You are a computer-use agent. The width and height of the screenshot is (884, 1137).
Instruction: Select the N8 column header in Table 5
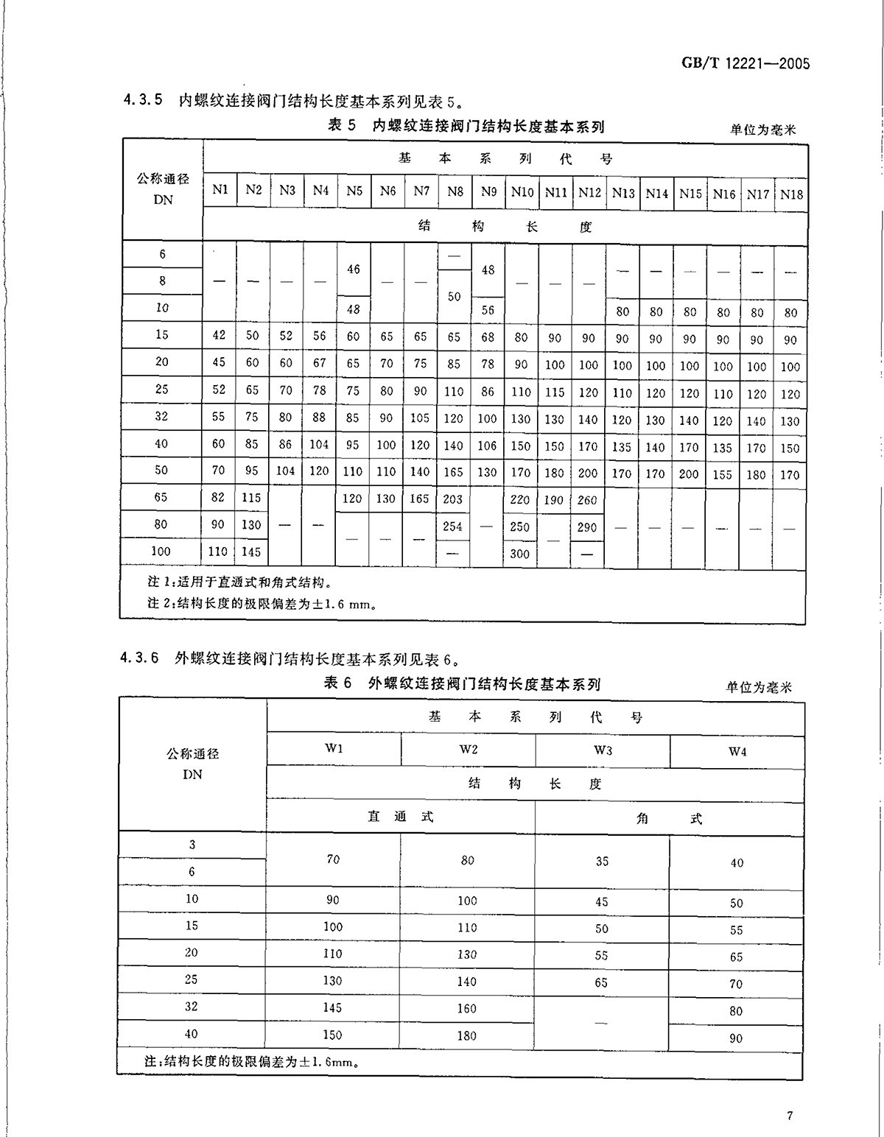point(455,191)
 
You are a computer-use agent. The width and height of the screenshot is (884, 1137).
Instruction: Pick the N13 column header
point(622,193)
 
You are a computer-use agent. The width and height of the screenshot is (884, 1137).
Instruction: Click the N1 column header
point(220,190)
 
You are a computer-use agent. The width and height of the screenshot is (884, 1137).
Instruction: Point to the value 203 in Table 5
point(453,499)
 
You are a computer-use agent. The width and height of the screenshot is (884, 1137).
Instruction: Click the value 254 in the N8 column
point(453,527)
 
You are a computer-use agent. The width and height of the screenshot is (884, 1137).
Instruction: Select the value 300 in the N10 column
point(520,554)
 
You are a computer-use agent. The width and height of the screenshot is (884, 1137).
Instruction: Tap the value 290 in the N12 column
point(588,527)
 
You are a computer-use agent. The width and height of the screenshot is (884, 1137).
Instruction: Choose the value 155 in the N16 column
point(723,475)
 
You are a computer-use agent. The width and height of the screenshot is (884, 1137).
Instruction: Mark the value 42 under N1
point(219,335)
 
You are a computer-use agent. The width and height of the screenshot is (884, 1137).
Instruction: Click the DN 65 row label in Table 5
point(161,497)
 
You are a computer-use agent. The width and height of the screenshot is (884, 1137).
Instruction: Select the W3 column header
point(603,750)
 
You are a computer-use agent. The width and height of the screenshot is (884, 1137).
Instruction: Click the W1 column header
point(334,748)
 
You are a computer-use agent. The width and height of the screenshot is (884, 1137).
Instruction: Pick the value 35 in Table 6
point(602,861)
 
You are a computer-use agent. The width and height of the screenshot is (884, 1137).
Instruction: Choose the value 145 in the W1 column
point(332,1007)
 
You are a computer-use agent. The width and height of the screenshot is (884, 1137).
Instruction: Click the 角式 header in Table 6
point(669,818)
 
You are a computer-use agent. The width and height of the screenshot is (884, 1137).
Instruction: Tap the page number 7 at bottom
point(789,1116)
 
